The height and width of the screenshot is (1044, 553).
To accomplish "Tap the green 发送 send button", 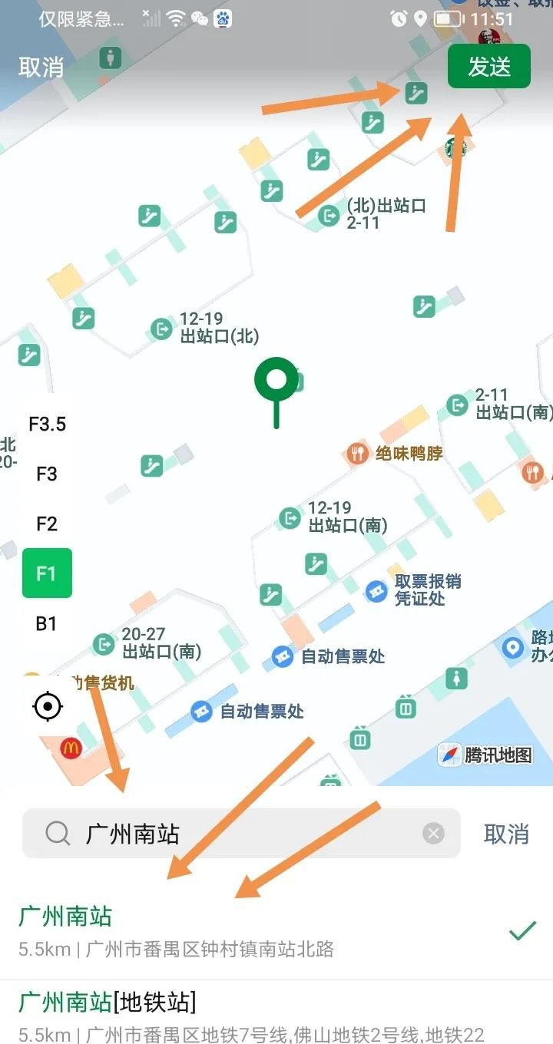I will pos(489,67).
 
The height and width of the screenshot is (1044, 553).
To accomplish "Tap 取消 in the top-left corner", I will pos(41,67).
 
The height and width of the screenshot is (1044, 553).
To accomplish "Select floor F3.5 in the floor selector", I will pos(47,424).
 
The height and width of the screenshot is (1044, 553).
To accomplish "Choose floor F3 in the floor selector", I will pos(47,474).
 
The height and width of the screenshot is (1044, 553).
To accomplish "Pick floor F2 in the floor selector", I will pos(47,524).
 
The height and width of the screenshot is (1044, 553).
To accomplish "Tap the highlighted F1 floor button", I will pos(47,573).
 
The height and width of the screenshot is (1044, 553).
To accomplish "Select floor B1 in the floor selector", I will pos(47,623).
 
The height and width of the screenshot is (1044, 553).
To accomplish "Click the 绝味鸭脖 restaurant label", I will pos(409,453).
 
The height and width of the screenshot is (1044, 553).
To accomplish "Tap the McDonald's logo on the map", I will pos(71,748).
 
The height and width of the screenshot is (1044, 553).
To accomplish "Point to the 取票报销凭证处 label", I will pos(428,590).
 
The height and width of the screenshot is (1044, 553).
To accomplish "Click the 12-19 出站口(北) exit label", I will pos(219,328).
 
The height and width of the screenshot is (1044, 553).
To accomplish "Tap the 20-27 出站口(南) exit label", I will pos(161,643).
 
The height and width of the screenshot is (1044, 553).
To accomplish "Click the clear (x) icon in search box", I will pos(434,833).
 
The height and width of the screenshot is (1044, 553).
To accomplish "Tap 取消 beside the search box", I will pos(506,834).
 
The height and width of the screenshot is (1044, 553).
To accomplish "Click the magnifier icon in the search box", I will pos(58,833).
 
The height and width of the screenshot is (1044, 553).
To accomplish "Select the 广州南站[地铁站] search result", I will pos(108,1002).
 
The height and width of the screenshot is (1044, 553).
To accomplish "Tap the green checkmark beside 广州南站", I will pos(522,931).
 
